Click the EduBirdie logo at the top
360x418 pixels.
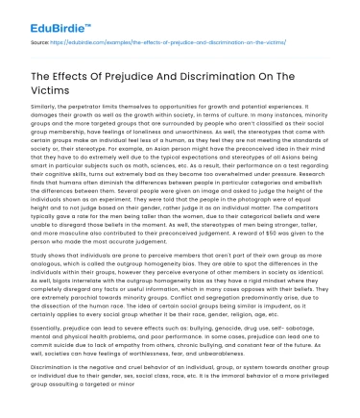click(42, 16)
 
